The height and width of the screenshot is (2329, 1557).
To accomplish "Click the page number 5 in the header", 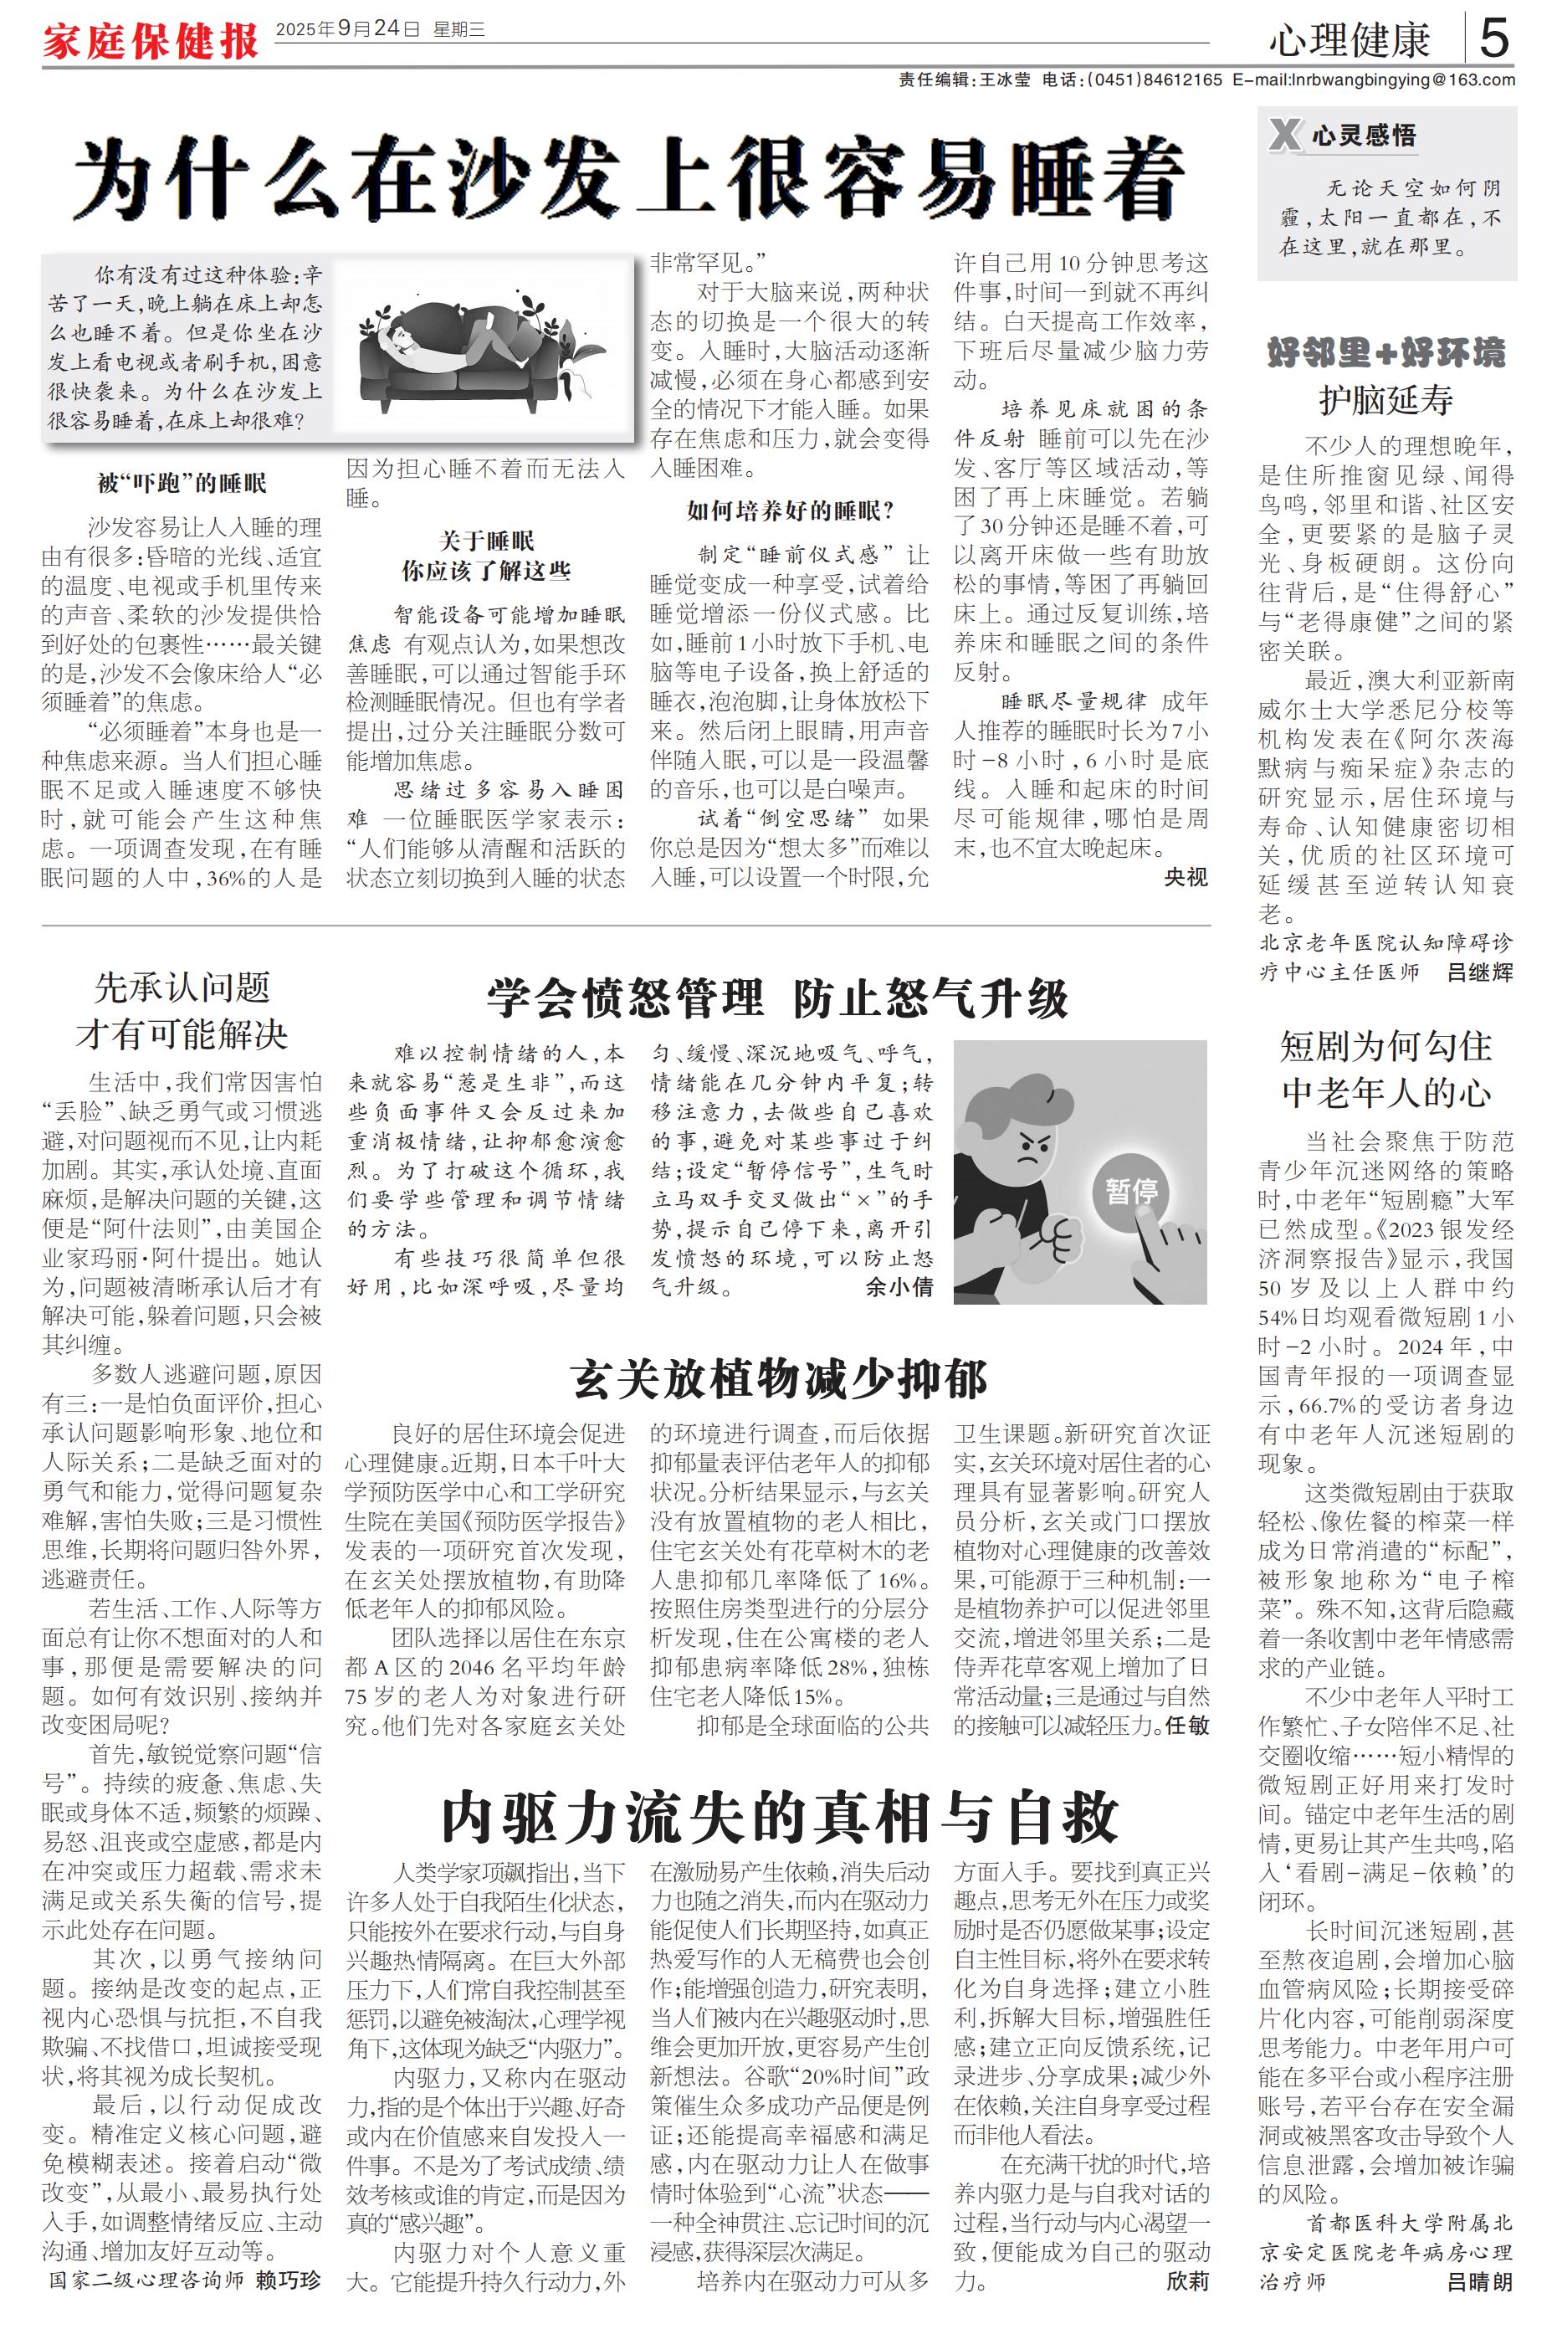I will click(x=1493, y=38).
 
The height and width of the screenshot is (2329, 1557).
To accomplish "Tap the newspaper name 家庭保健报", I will click(x=150, y=42).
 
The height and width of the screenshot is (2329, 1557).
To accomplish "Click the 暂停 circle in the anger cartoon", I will click(x=1131, y=1191).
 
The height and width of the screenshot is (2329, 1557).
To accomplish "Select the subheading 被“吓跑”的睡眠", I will click(x=182, y=484).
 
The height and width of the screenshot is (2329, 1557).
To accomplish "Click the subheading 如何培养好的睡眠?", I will click(x=791, y=511).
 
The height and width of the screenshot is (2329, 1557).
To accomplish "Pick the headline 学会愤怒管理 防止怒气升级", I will click(x=777, y=999).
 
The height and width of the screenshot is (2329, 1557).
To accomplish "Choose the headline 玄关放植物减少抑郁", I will click(x=780, y=1379).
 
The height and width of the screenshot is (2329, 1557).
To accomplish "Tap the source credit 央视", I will click(x=1186, y=877).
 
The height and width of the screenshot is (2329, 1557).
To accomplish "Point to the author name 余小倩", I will click(x=899, y=1287).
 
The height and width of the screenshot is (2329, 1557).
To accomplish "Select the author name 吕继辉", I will click(x=1479, y=972).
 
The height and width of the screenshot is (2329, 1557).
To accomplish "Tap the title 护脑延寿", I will click(x=1385, y=399).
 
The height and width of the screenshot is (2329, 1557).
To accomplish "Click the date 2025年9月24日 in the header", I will click(x=347, y=30).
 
